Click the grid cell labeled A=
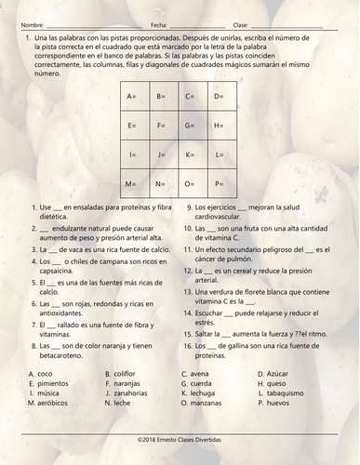click(x=136, y=97)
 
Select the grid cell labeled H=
click(x=222, y=126)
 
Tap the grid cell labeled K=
click(x=193, y=154)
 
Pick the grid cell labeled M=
click(x=136, y=183)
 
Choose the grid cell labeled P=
click(x=222, y=183)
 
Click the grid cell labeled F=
click(x=165, y=126)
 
